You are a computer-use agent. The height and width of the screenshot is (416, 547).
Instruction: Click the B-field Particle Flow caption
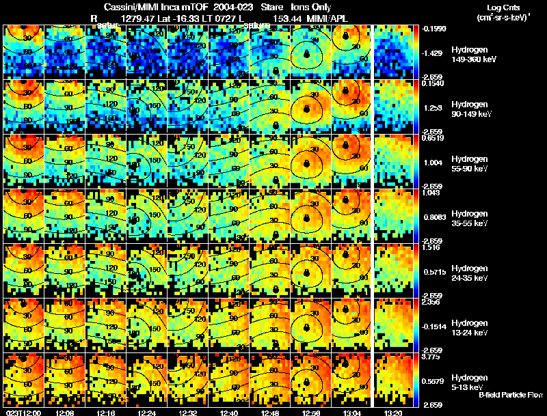511,396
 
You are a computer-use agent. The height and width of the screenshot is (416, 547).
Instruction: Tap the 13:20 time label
392,412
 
